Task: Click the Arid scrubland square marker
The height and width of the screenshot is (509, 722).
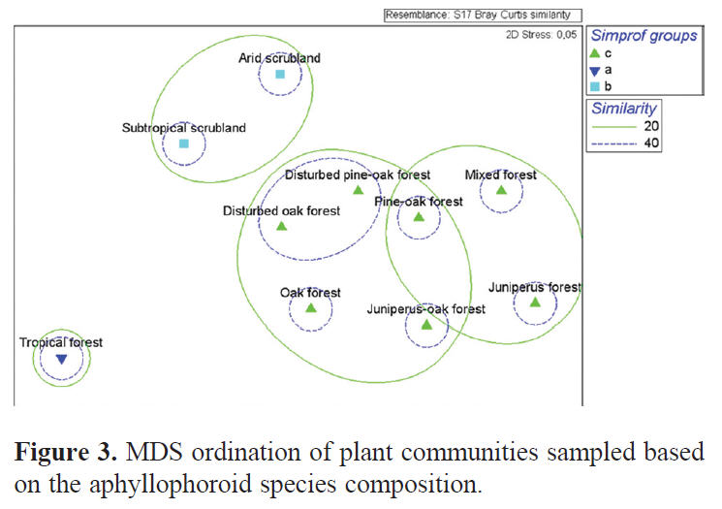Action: coord(280,75)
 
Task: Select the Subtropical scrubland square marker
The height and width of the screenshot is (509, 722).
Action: coord(184,144)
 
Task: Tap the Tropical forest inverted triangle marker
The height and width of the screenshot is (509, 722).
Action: coord(61,360)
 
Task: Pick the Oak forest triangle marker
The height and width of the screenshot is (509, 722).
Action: coord(311,308)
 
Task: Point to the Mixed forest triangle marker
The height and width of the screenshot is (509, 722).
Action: coord(501,190)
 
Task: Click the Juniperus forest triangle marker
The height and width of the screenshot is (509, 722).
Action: coord(535,302)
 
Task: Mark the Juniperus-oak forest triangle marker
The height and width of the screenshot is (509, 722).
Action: coord(426,325)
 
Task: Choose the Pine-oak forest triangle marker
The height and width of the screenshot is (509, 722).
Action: coord(419,217)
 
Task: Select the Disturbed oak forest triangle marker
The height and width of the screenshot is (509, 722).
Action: coord(282,226)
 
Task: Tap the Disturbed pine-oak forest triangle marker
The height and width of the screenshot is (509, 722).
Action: coord(358,190)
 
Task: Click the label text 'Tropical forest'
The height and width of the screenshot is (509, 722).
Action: coord(61,342)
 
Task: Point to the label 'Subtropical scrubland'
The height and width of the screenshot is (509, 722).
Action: coord(184,128)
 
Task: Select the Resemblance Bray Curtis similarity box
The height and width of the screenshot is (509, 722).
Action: coord(483,15)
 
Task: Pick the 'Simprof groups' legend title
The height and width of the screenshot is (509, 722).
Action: coord(644,37)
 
